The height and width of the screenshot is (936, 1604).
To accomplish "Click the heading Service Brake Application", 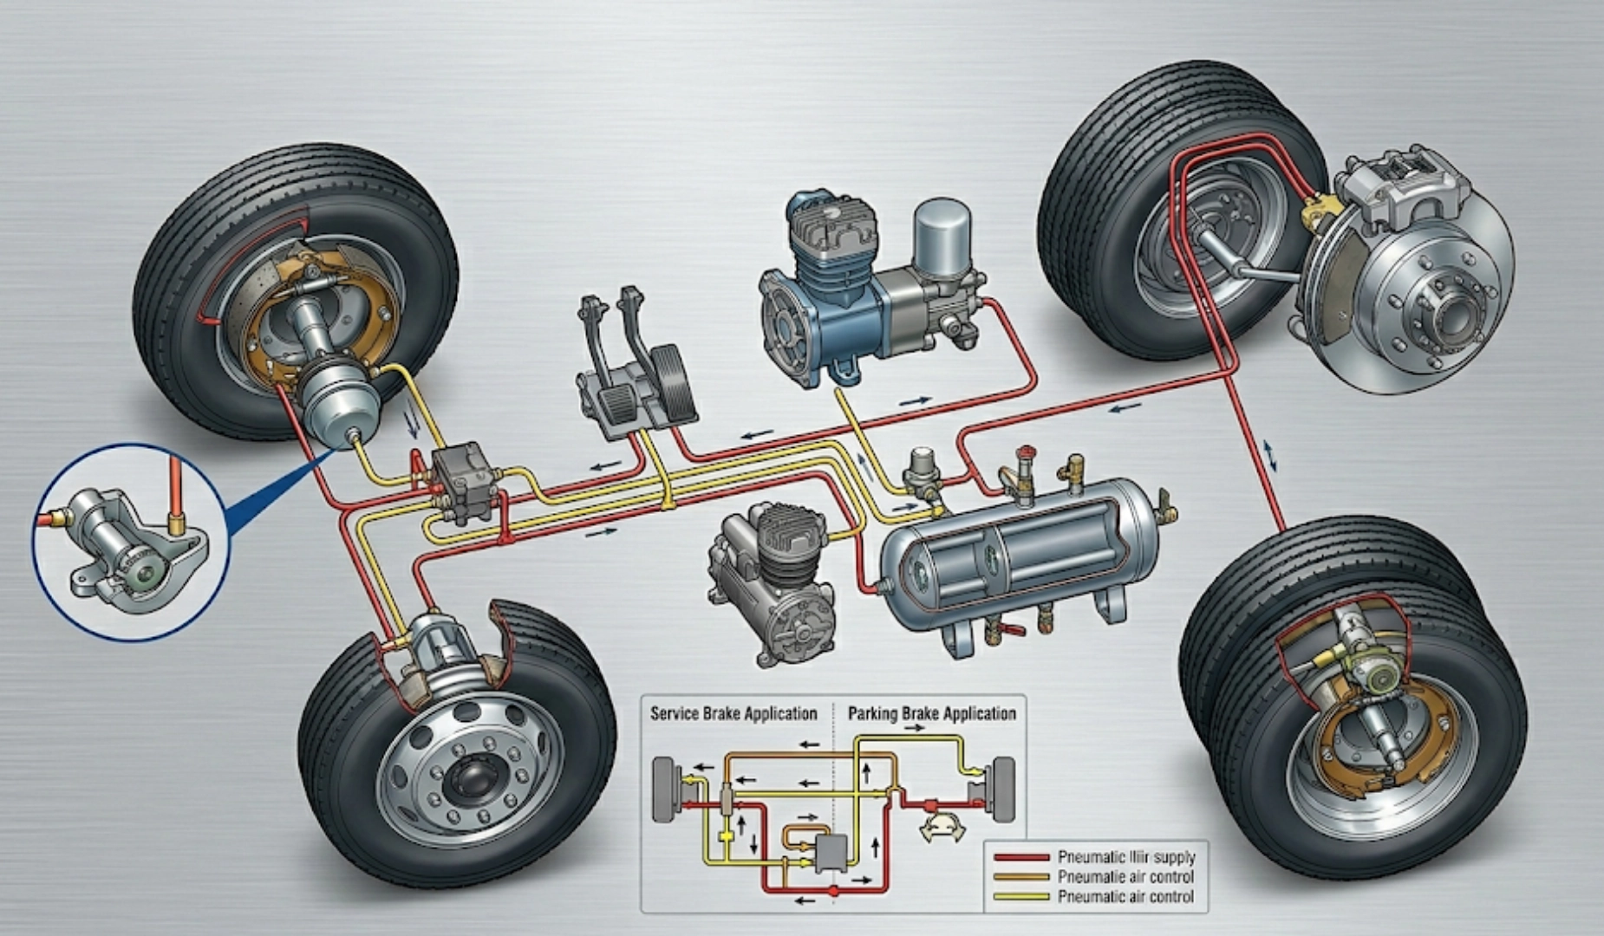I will coord(734,713).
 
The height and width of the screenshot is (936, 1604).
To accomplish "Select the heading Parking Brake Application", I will coord(931,713).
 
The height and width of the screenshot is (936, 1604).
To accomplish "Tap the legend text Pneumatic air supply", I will coord(1125,856).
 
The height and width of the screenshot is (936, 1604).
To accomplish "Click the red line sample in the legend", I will coord(1021,856).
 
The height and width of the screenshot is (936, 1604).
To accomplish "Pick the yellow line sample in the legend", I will coord(1021,896).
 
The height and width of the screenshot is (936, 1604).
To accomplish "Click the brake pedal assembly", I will coord(633,364).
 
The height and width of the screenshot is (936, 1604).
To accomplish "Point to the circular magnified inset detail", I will coord(130,542).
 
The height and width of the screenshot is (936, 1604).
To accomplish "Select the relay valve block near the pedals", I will coord(464,481).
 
